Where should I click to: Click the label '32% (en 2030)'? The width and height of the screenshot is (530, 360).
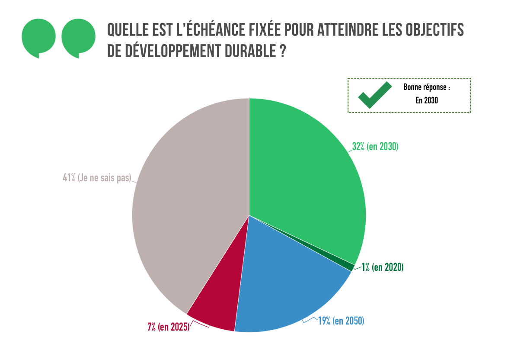click(375, 147)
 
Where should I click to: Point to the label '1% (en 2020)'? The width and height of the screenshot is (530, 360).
click(383, 267)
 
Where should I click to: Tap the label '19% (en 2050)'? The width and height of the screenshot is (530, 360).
click(341, 321)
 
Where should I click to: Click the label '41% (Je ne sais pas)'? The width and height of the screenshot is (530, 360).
click(97, 178)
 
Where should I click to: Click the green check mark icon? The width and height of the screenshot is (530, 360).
click(374, 95)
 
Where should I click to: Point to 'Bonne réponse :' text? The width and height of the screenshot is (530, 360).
click(426, 87)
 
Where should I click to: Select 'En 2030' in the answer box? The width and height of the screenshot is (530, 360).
click(426, 101)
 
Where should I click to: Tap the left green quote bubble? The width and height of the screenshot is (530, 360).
click(38, 38)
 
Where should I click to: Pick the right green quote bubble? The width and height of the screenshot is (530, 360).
click(78, 38)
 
